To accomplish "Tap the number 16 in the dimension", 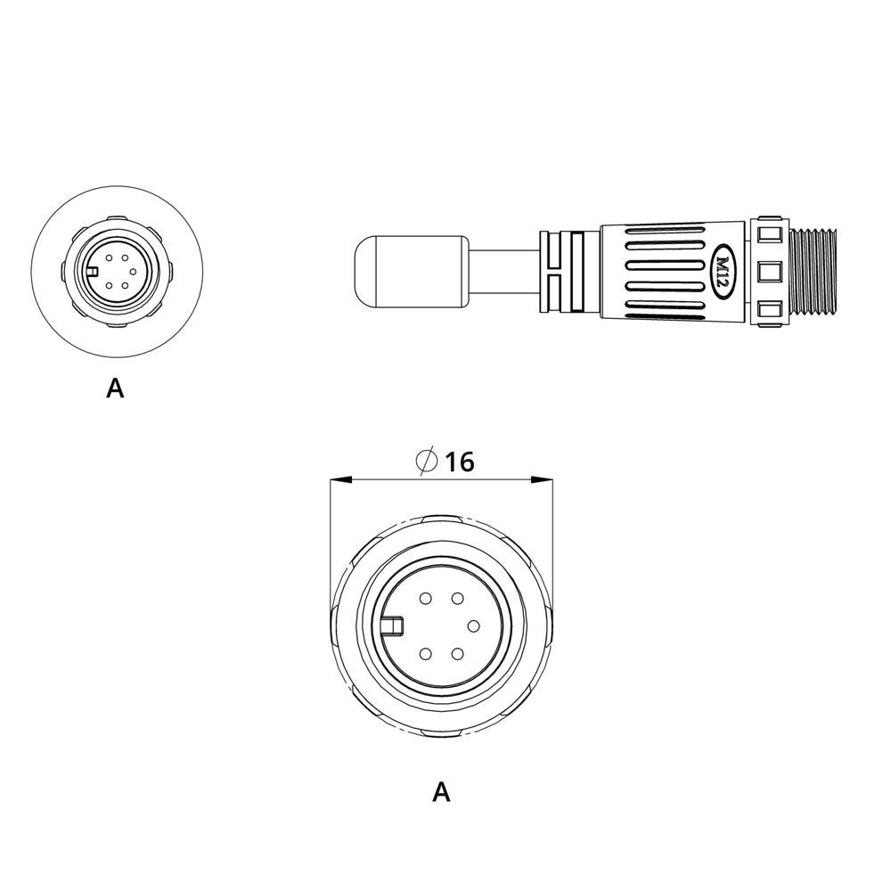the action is pos(459,462).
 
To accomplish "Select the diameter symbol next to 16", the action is pos(426,461).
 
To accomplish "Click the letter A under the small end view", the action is pos(115,388).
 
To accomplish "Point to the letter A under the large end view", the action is pos(442,791).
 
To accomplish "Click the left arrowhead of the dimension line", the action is pos(341,481).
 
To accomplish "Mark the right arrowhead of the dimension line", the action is pos(541,481).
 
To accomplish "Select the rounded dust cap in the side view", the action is pos(410,272).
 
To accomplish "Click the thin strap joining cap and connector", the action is pos(503,272).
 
